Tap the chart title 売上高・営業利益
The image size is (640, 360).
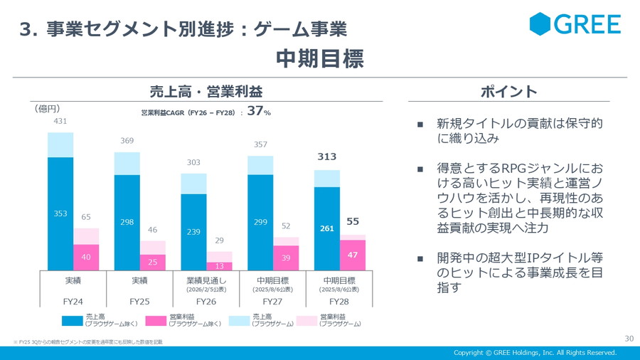pos(206,92)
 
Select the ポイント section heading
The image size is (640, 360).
pos(508,92)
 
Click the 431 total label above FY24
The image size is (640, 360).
pos(60,122)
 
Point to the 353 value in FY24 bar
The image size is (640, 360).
pos(60,213)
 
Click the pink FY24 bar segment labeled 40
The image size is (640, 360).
pos(86,258)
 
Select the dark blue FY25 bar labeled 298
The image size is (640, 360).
pos(127,222)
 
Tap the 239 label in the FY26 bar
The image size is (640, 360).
pos(193,232)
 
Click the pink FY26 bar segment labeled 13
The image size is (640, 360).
pos(219,265)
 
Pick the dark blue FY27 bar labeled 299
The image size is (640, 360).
pos(260,222)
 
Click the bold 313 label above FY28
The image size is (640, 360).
pos(327,157)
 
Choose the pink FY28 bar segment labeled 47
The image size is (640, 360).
pos(352,254)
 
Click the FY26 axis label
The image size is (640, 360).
pos(206,302)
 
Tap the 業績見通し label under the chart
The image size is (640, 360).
pos(206,280)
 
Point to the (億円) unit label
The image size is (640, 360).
pos(48,109)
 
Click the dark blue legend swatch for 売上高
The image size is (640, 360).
pos(72,319)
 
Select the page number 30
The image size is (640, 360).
pos(629,338)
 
